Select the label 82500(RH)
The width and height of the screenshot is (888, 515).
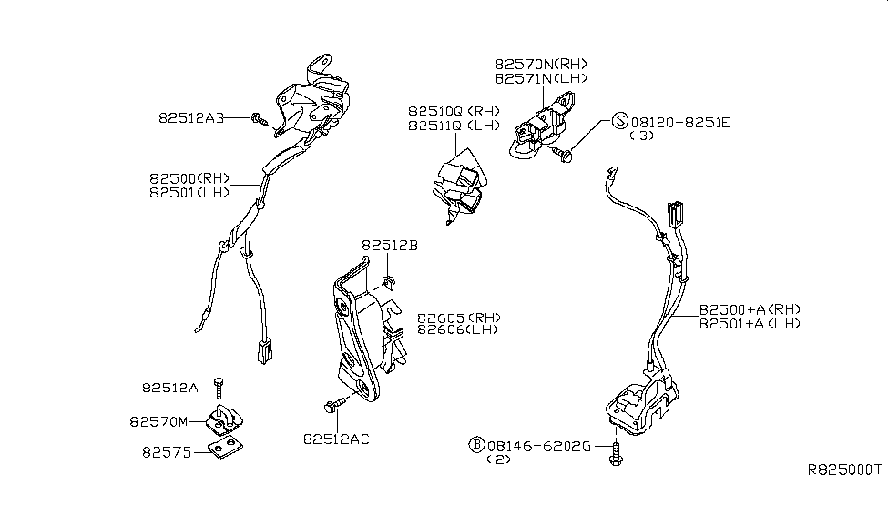point(190,178)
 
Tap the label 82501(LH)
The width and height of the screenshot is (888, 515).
point(190,192)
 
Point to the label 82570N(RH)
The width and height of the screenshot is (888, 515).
point(542,65)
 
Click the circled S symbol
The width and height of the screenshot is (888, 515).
point(619,120)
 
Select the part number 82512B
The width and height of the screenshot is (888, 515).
point(389,245)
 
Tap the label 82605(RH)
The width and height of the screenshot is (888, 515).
point(459,318)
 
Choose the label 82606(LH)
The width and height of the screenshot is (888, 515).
point(459,330)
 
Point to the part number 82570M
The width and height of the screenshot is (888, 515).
point(170,421)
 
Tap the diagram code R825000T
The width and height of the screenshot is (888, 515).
point(844,470)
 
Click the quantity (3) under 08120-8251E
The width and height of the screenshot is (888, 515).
point(643,135)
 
